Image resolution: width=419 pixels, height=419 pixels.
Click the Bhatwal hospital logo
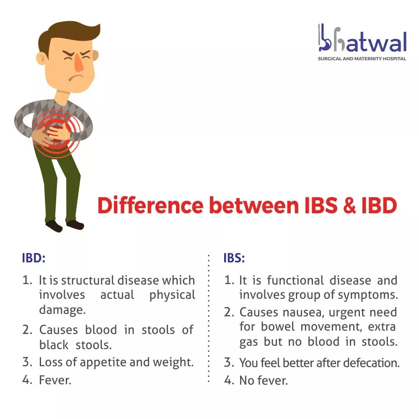362,42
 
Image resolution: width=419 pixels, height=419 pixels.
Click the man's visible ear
41,58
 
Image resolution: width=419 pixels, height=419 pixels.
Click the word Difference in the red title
150,205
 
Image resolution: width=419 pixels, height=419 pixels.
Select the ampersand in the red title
349,205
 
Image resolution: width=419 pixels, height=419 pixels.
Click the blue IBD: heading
34,258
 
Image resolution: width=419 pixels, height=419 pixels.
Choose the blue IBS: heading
234,258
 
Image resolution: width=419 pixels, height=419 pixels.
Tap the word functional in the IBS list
295,280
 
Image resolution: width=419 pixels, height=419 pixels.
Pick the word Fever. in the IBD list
55,380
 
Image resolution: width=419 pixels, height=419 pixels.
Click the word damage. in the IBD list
62,310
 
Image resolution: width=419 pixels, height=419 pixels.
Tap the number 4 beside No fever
229,380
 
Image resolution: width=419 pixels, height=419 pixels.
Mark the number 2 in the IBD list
27,330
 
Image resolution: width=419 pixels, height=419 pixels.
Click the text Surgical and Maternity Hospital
362,59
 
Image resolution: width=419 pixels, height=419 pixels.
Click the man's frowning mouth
75,77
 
